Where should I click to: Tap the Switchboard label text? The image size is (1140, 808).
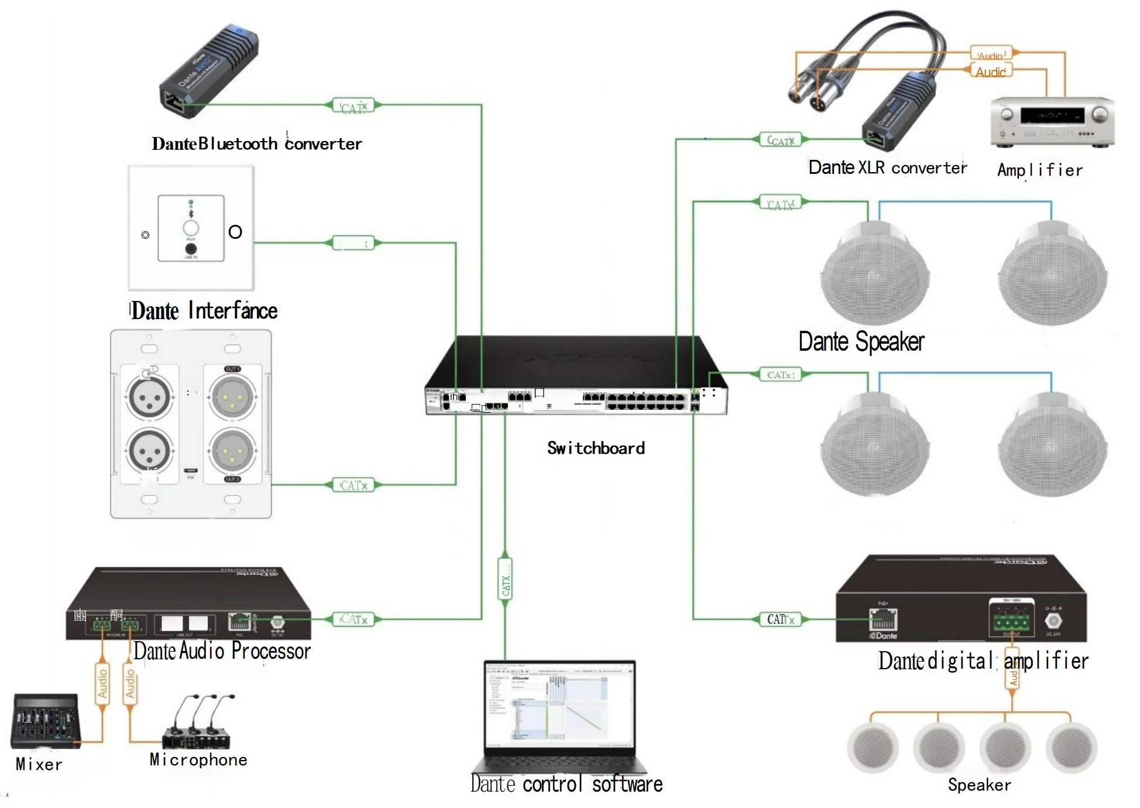(596, 448)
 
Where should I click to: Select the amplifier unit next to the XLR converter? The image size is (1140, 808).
(1052, 122)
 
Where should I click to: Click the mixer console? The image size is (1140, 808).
(45, 721)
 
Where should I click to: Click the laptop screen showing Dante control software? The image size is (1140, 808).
(560, 705)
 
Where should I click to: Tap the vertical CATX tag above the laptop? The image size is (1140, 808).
(506, 586)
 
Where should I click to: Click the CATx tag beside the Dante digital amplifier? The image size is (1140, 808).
(780, 619)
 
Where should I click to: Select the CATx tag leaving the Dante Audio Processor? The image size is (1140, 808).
(353, 619)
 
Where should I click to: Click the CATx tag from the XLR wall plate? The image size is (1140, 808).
(353, 485)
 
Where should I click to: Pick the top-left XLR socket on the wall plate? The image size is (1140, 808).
(149, 397)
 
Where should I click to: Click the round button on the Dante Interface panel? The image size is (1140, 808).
(191, 228)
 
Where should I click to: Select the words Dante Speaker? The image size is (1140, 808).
(861, 342)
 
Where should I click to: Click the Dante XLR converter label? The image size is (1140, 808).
(887, 168)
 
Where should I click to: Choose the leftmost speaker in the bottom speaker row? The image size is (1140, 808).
(872, 748)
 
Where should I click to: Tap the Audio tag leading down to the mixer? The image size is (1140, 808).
(102, 684)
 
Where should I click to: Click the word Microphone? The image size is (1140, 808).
(198, 760)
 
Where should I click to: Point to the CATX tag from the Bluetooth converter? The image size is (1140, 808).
(353, 107)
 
